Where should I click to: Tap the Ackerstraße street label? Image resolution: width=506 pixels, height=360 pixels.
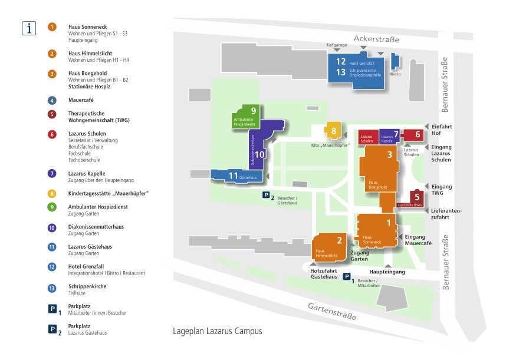tap(376, 39)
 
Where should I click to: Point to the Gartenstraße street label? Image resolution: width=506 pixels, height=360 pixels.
tap(332, 310)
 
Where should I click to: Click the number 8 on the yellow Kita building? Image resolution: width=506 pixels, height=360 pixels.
tap(334, 131)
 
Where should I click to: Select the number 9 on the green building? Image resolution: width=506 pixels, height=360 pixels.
tap(253, 110)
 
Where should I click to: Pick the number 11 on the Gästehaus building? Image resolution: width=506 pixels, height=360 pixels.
tap(233, 176)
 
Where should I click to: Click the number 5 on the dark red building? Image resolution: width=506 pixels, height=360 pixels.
tap(417, 197)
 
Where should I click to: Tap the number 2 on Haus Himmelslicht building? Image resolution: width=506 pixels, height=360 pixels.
tap(339, 240)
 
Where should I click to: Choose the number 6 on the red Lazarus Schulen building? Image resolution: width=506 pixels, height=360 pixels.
tap(418, 134)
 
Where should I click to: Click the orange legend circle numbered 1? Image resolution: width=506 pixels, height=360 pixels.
tap(52, 27)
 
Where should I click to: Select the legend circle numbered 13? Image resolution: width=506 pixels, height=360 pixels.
tap(52, 288)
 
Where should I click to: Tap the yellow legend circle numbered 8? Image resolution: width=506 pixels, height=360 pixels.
tap(52, 193)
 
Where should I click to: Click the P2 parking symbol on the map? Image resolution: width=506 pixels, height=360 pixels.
tap(267, 196)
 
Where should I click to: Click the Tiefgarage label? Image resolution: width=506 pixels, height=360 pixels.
tap(337, 45)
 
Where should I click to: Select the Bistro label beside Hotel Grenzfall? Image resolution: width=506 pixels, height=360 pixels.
tap(395, 74)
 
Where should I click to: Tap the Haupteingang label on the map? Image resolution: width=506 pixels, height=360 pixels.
tap(387, 272)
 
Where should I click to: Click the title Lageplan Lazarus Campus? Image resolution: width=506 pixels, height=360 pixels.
tap(217, 331)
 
